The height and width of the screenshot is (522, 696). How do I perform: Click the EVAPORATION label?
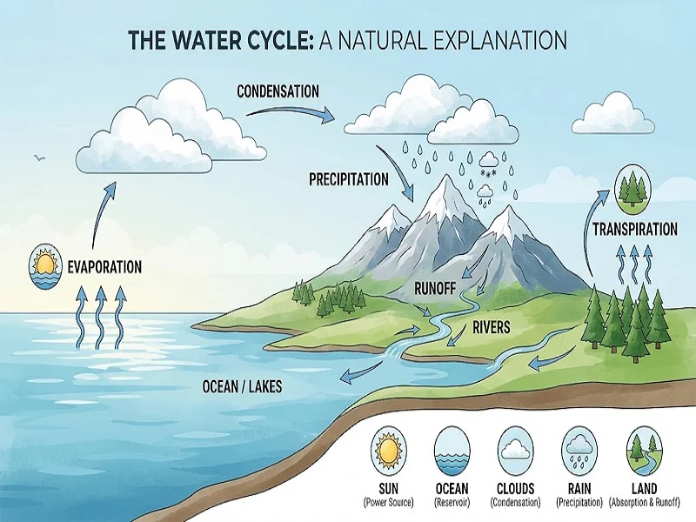(x=104, y=267)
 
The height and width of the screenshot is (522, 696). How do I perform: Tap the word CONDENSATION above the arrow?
(x=278, y=91)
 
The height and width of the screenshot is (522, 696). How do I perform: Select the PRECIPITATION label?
(x=349, y=179)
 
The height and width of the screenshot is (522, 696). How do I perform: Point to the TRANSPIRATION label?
(x=635, y=229)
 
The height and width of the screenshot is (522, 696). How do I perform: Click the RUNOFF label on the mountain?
(x=435, y=289)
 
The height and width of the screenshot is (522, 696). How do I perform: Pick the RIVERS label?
(x=492, y=328)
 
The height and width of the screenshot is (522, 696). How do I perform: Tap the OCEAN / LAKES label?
(x=242, y=386)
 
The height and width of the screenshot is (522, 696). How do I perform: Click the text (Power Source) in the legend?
(x=388, y=503)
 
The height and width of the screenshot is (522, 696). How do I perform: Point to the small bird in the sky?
(x=39, y=157)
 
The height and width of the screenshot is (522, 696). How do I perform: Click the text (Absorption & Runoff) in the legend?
(x=644, y=503)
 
